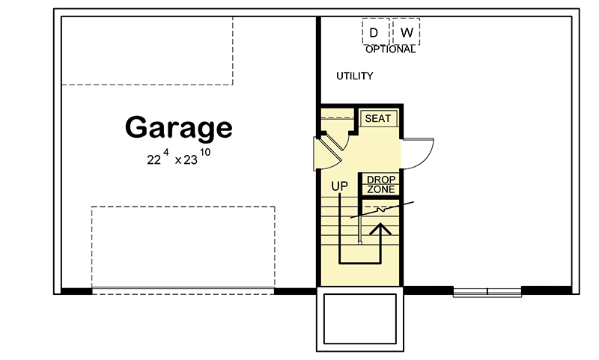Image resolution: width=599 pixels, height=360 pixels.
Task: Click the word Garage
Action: tap(178, 127)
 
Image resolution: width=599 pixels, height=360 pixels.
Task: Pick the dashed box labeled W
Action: tap(407, 32)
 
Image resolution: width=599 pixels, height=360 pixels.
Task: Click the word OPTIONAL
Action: tap(390, 50)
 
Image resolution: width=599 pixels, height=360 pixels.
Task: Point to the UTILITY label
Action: tap(354, 76)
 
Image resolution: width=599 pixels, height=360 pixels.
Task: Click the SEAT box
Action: tap(377, 119)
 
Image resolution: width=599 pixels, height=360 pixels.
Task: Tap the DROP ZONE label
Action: tap(381, 185)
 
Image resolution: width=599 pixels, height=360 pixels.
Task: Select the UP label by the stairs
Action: tap(340, 186)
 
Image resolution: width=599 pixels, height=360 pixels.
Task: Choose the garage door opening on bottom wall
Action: tap(183, 289)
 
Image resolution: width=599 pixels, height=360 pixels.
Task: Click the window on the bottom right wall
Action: tap(487, 291)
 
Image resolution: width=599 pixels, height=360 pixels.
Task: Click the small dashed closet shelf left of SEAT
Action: tap(336, 117)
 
